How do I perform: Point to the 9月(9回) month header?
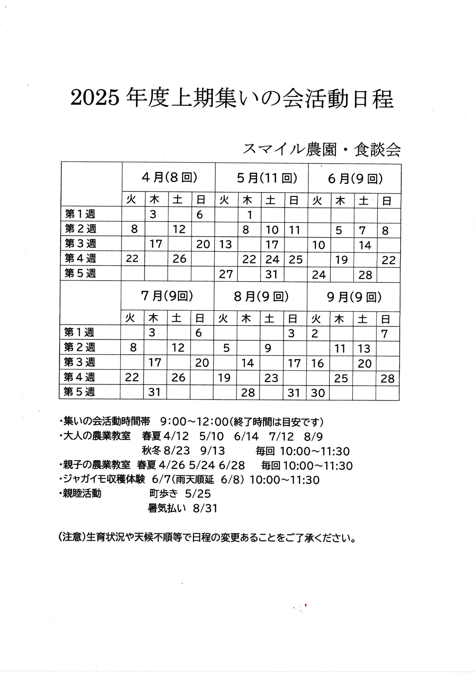(x=354, y=297)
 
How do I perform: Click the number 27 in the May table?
(x=226, y=274)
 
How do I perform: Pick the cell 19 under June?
(x=341, y=260)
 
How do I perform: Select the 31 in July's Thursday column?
(x=154, y=392)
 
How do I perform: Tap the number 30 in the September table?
(x=318, y=393)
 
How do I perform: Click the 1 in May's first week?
(x=250, y=215)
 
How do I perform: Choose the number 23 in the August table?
(x=271, y=378)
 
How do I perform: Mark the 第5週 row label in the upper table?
(x=80, y=274)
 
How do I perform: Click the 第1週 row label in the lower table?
(x=79, y=332)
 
